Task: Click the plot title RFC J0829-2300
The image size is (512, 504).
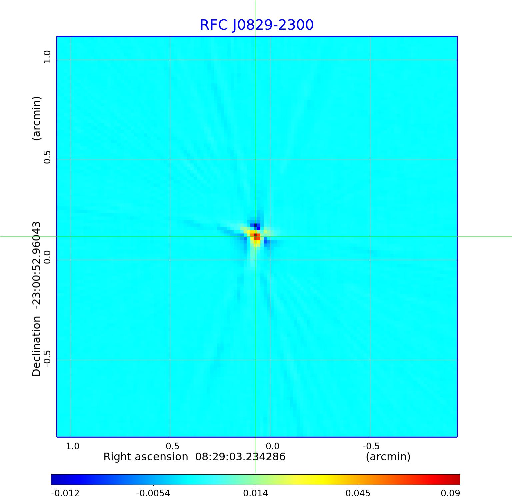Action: [257, 25]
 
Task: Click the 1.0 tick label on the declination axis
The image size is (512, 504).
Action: [47, 57]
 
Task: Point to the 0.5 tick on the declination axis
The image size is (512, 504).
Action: [47, 157]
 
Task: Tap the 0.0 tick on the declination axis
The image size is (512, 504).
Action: [47, 257]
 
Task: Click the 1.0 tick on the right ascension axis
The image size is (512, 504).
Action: [72, 446]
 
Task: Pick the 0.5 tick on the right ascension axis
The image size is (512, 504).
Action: [172, 446]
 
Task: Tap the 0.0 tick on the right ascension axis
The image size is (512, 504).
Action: [272, 446]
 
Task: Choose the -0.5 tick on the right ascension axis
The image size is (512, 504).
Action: [371, 446]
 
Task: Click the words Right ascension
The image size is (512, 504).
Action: [146, 457]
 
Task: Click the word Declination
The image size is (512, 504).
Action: [36, 346]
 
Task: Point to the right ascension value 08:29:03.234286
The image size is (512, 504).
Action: [240, 457]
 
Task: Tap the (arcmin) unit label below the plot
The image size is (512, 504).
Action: [388, 457]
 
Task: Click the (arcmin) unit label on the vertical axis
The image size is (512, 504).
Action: [36, 118]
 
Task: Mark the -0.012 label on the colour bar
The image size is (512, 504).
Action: [65, 493]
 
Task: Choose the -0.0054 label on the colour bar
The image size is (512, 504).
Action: [153, 493]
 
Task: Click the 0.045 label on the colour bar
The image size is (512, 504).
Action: [358, 493]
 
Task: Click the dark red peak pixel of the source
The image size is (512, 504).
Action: [255, 236]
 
